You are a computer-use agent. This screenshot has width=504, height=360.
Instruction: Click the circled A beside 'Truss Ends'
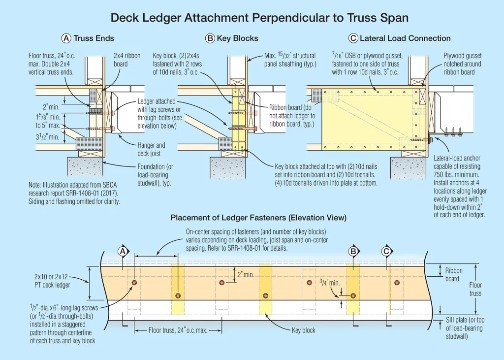(66, 38)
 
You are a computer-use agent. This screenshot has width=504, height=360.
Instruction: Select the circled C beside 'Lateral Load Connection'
(353, 38)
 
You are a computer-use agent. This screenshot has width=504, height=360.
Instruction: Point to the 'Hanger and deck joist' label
(151, 149)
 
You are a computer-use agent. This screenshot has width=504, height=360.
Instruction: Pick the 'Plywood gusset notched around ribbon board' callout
(462, 64)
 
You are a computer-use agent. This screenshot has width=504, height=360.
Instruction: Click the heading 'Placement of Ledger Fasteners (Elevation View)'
(258, 217)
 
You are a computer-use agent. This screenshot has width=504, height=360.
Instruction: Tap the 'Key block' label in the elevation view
(303, 330)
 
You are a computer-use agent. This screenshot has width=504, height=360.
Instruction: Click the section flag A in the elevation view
(123, 251)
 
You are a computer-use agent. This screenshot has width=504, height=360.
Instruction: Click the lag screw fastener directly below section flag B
(353, 295)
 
